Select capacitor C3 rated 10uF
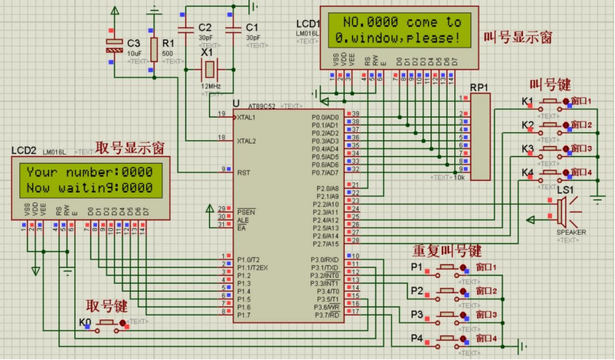click(113, 46)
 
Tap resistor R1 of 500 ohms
click(153, 48)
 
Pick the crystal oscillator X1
click(210, 70)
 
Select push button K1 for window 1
click(551, 101)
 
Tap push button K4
click(551, 173)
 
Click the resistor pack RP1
click(480, 137)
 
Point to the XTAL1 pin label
click(247, 118)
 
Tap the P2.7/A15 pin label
click(325, 244)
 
